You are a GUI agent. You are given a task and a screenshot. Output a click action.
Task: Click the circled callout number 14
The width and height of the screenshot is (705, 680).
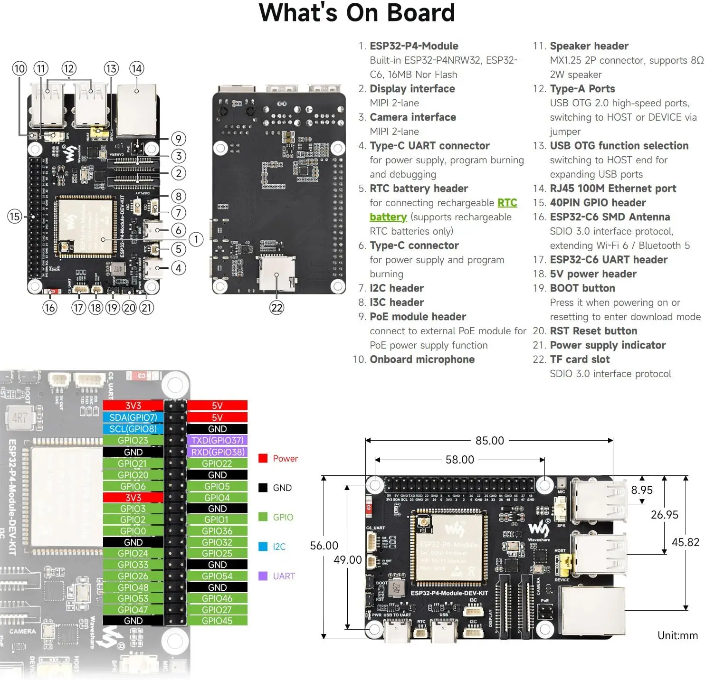click(136, 69)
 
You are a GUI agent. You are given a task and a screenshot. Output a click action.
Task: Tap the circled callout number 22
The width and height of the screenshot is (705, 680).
click(276, 308)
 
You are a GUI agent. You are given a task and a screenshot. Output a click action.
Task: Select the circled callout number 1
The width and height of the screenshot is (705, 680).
click(196, 239)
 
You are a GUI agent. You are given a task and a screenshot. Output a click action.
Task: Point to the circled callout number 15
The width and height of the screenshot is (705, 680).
click(14, 217)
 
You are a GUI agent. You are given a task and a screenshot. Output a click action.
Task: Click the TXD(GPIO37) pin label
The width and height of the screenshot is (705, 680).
click(217, 440)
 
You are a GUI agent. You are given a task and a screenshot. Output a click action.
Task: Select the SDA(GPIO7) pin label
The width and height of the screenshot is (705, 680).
click(133, 417)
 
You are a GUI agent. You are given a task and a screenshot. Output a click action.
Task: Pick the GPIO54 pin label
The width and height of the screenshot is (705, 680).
click(217, 576)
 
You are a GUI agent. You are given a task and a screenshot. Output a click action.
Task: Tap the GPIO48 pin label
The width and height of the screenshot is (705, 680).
click(133, 587)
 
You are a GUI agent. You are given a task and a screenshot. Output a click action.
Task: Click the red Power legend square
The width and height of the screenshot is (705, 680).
click(263, 458)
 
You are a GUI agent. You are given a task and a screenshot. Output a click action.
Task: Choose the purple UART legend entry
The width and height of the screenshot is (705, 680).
click(284, 576)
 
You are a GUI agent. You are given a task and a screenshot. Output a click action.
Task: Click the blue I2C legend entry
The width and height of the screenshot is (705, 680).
click(279, 547)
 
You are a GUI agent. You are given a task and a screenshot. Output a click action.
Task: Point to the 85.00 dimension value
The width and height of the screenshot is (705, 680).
click(489, 441)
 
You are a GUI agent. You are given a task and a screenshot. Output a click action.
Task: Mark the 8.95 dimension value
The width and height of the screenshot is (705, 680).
click(641, 490)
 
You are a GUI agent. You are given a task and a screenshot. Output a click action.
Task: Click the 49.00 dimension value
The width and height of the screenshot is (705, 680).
click(347, 560)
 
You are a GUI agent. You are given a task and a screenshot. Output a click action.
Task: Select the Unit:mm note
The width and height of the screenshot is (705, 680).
click(677, 635)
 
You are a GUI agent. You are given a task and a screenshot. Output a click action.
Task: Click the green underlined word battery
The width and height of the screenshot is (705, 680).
click(388, 217)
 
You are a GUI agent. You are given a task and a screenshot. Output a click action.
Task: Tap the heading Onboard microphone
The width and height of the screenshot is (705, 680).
click(422, 359)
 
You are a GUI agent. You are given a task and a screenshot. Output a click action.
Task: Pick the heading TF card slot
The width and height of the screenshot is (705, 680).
click(580, 359)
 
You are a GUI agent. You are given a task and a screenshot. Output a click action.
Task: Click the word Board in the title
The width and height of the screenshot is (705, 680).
click(421, 13)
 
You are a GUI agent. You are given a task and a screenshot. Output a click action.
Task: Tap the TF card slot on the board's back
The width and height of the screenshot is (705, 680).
click(276, 274)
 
